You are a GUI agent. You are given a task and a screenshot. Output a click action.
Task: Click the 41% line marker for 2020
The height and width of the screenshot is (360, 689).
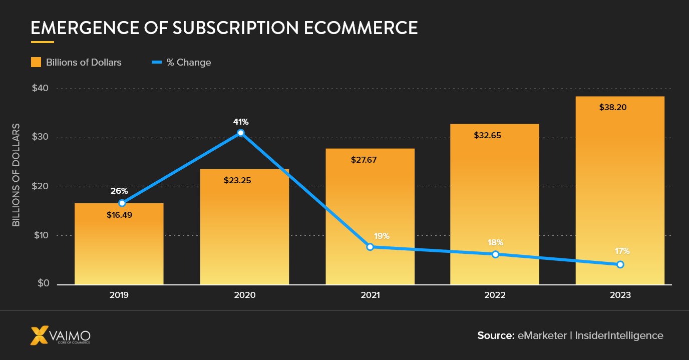(x=241, y=133)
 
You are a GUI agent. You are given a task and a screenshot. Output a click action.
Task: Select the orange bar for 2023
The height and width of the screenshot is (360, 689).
(x=620, y=190)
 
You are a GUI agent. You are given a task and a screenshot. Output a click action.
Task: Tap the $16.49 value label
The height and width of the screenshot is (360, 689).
(x=119, y=215)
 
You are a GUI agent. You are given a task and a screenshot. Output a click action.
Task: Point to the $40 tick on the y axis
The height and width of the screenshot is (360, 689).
(x=41, y=88)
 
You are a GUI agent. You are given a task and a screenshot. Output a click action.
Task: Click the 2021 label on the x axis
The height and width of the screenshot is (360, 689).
(x=370, y=295)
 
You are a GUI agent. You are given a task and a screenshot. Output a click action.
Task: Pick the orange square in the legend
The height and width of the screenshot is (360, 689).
(x=36, y=62)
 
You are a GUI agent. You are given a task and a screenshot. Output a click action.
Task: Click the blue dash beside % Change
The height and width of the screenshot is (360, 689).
(x=157, y=62)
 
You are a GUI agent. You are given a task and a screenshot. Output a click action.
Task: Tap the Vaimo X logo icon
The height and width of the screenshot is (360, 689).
(x=40, y=335)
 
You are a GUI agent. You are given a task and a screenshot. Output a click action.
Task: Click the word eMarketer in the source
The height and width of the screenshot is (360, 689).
(x=542, y=335)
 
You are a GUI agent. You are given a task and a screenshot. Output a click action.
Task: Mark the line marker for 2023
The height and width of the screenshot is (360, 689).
(x=620, y=264)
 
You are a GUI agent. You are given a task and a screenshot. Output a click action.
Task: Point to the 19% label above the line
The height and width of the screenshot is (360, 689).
(x=381, y=236)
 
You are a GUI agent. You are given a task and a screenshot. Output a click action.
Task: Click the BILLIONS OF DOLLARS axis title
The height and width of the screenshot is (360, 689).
(x=16, y=174)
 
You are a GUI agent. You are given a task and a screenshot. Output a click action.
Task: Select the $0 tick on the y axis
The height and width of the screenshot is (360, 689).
(x=43, y=284)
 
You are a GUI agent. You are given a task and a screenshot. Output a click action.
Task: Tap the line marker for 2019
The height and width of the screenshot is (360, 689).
(x=122, y=203)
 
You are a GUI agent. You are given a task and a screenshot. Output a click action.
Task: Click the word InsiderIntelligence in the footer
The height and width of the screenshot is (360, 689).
(x=619, y=335)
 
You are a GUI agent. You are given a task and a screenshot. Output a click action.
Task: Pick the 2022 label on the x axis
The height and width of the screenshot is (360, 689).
(x=495, y=295)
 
